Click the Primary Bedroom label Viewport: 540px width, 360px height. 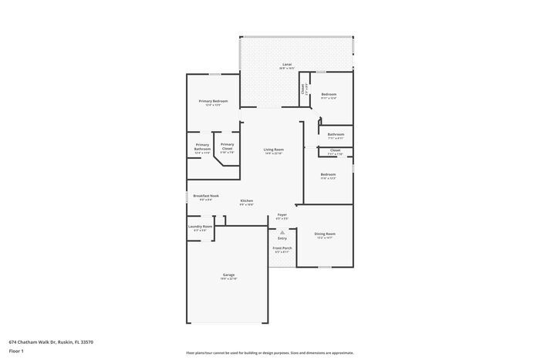click(x=213, y=101)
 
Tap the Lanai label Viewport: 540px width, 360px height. click(x=286, y=65)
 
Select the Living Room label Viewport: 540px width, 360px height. click(x=274, y=150)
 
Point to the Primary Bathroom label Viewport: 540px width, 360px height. click(x=202, y=146)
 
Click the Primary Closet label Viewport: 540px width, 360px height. click(x=227, y=145)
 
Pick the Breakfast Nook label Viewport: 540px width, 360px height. click(x=205, y=196)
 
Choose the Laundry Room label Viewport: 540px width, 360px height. click(x=200, y=227)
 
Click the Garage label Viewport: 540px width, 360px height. click(x=228, y=274)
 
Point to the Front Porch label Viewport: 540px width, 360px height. click(x=282, y=248)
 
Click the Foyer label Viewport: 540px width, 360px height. click(x=282, y=215)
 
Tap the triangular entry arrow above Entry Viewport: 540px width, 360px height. click(x=282, y=231)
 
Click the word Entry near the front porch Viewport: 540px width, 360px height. click(x=282, y=238)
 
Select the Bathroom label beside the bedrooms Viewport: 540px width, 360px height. click(x=336, y=134)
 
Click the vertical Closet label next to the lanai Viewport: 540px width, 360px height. click(x=303, y=89)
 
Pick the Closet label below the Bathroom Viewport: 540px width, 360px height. click(x=335, y=150)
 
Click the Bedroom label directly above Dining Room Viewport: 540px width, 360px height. click(x=329, y=174)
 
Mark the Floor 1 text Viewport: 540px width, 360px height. click(x=17, y=351)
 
